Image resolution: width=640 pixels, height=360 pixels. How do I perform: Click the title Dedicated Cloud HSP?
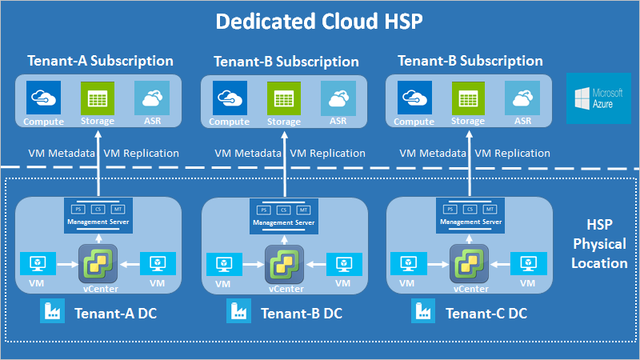[319, 22]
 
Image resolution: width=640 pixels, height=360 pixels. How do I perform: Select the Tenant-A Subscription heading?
[100, 61]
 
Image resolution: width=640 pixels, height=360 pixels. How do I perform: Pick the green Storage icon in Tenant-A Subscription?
[98, 99]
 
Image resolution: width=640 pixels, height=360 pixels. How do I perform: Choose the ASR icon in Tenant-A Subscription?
[152, 99]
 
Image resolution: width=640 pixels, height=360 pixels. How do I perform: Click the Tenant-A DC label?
[115, 314]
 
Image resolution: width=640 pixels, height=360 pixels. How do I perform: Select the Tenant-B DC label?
[302, 314]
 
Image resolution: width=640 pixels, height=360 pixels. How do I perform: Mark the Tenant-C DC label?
[486, 314]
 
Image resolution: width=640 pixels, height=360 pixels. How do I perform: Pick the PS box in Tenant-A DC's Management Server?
[79, 210]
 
